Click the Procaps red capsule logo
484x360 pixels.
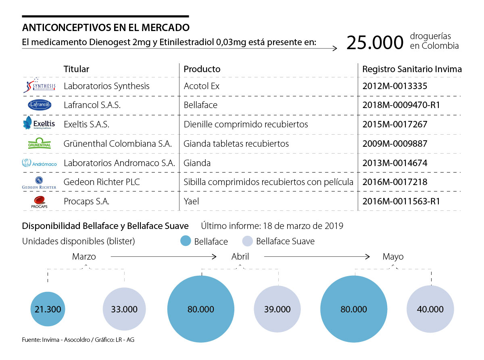pos(39,202)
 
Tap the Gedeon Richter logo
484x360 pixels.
pos(39,182)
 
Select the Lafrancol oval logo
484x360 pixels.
pos(39,105)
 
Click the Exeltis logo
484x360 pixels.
pos(39,124)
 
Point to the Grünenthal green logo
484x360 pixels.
pos(39,144)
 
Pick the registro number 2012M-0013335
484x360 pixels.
pos(394,86)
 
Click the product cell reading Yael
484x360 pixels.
pos(191,201)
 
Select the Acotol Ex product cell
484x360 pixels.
pos(202,86)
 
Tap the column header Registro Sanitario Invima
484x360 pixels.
pos(412,69)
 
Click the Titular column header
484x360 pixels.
pos(76,69)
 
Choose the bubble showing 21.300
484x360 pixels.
pos(48,309)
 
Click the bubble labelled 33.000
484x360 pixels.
pos(124,309)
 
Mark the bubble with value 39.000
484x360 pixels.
pos(277,309)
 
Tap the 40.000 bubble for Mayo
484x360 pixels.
pos(430,309)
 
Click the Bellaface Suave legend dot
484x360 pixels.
pos(247,241)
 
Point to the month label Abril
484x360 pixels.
pos(240,256)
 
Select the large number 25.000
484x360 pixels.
pos(375,43)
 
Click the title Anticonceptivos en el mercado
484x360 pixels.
pos(106,28)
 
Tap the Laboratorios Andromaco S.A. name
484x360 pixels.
pos(119,163)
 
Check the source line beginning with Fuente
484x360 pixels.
pos(78,340)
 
